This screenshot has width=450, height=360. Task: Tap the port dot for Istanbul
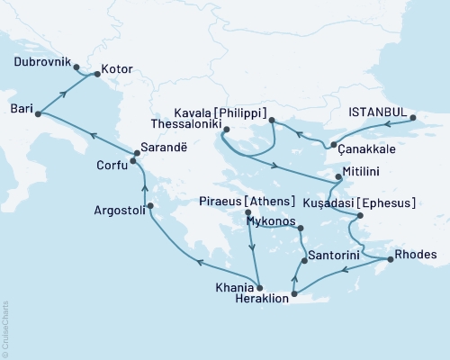[x=413, y=118]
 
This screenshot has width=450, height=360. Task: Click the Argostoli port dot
[x=150, y=206]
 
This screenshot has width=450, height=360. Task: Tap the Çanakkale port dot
[x=333, y=145]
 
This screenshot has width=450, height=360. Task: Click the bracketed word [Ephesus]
[x=388, y=203]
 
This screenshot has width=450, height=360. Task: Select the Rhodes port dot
[x=390, y=260]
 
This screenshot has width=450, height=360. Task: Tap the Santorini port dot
[x=302, y=258]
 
